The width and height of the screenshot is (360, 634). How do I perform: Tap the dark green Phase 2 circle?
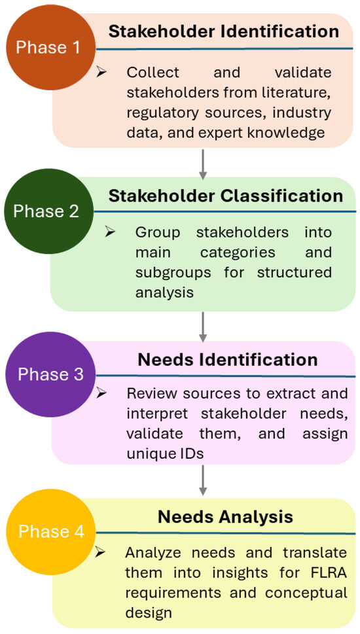(x=46, y=211)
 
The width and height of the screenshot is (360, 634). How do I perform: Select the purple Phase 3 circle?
(x=50, y=374)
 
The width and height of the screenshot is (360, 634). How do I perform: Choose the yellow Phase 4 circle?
(x=51, y=531)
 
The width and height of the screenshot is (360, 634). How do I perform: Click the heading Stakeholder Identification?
(x=224, y=31)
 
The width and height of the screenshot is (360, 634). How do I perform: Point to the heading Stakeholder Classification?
(x=226, y=196)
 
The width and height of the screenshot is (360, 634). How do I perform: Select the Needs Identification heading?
(x=228, y=360)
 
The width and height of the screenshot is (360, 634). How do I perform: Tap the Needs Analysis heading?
(x=225, y=517)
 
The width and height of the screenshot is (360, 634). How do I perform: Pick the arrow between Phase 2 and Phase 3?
(x=203, y=327)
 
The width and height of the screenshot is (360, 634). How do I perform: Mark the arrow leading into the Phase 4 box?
(x=203, y=480)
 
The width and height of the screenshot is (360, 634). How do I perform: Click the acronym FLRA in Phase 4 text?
(x=327, y=572)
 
